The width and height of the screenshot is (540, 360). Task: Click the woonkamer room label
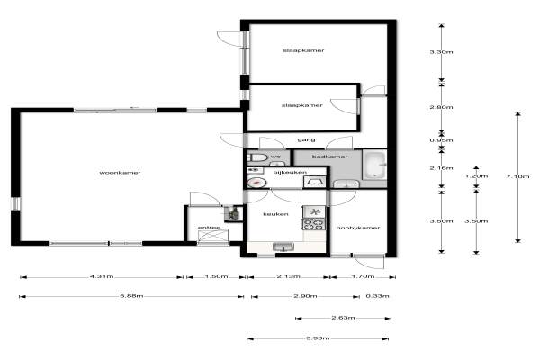coord(120,173)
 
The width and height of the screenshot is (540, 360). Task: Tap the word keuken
coord(275,214)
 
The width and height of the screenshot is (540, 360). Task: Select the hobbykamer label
coord(358,228)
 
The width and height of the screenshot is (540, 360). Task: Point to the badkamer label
coord(329,157)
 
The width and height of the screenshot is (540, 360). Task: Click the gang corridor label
coord(306,140)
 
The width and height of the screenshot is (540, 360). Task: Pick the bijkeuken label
coord(290,172)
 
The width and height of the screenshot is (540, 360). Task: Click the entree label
coord(209,228)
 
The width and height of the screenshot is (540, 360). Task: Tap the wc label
coord(275,157)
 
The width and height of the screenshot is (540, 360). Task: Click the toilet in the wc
coord(257,157)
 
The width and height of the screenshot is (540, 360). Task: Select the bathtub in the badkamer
coord(375,165)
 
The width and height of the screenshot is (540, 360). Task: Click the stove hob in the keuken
coord(313,224)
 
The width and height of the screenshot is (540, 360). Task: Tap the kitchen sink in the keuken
coord(283,247)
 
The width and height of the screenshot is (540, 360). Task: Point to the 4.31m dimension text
coord(102,276)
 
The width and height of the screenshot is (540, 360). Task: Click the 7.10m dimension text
coord(517,176)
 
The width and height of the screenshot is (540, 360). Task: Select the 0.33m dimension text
coord(377,296)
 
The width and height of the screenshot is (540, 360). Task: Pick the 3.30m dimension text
coord(441,52)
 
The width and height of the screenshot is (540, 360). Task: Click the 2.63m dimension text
coord(343,318)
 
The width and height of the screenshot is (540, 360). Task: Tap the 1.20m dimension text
coord(476,176)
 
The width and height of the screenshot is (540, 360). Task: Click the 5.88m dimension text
coord(131,296)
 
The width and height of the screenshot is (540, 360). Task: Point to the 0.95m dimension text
coord(441,140)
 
